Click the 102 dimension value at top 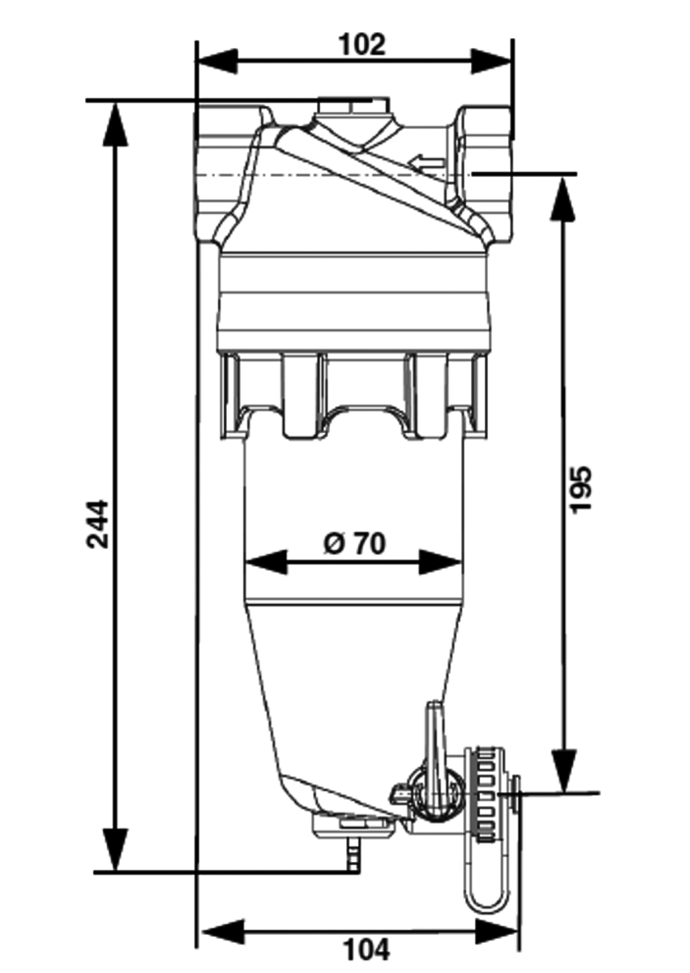click(x=362, y=45)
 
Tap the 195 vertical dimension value click(x=581, y=488)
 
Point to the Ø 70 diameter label click(x=354, y=542)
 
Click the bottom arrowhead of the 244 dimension click(x=117, y=850)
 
